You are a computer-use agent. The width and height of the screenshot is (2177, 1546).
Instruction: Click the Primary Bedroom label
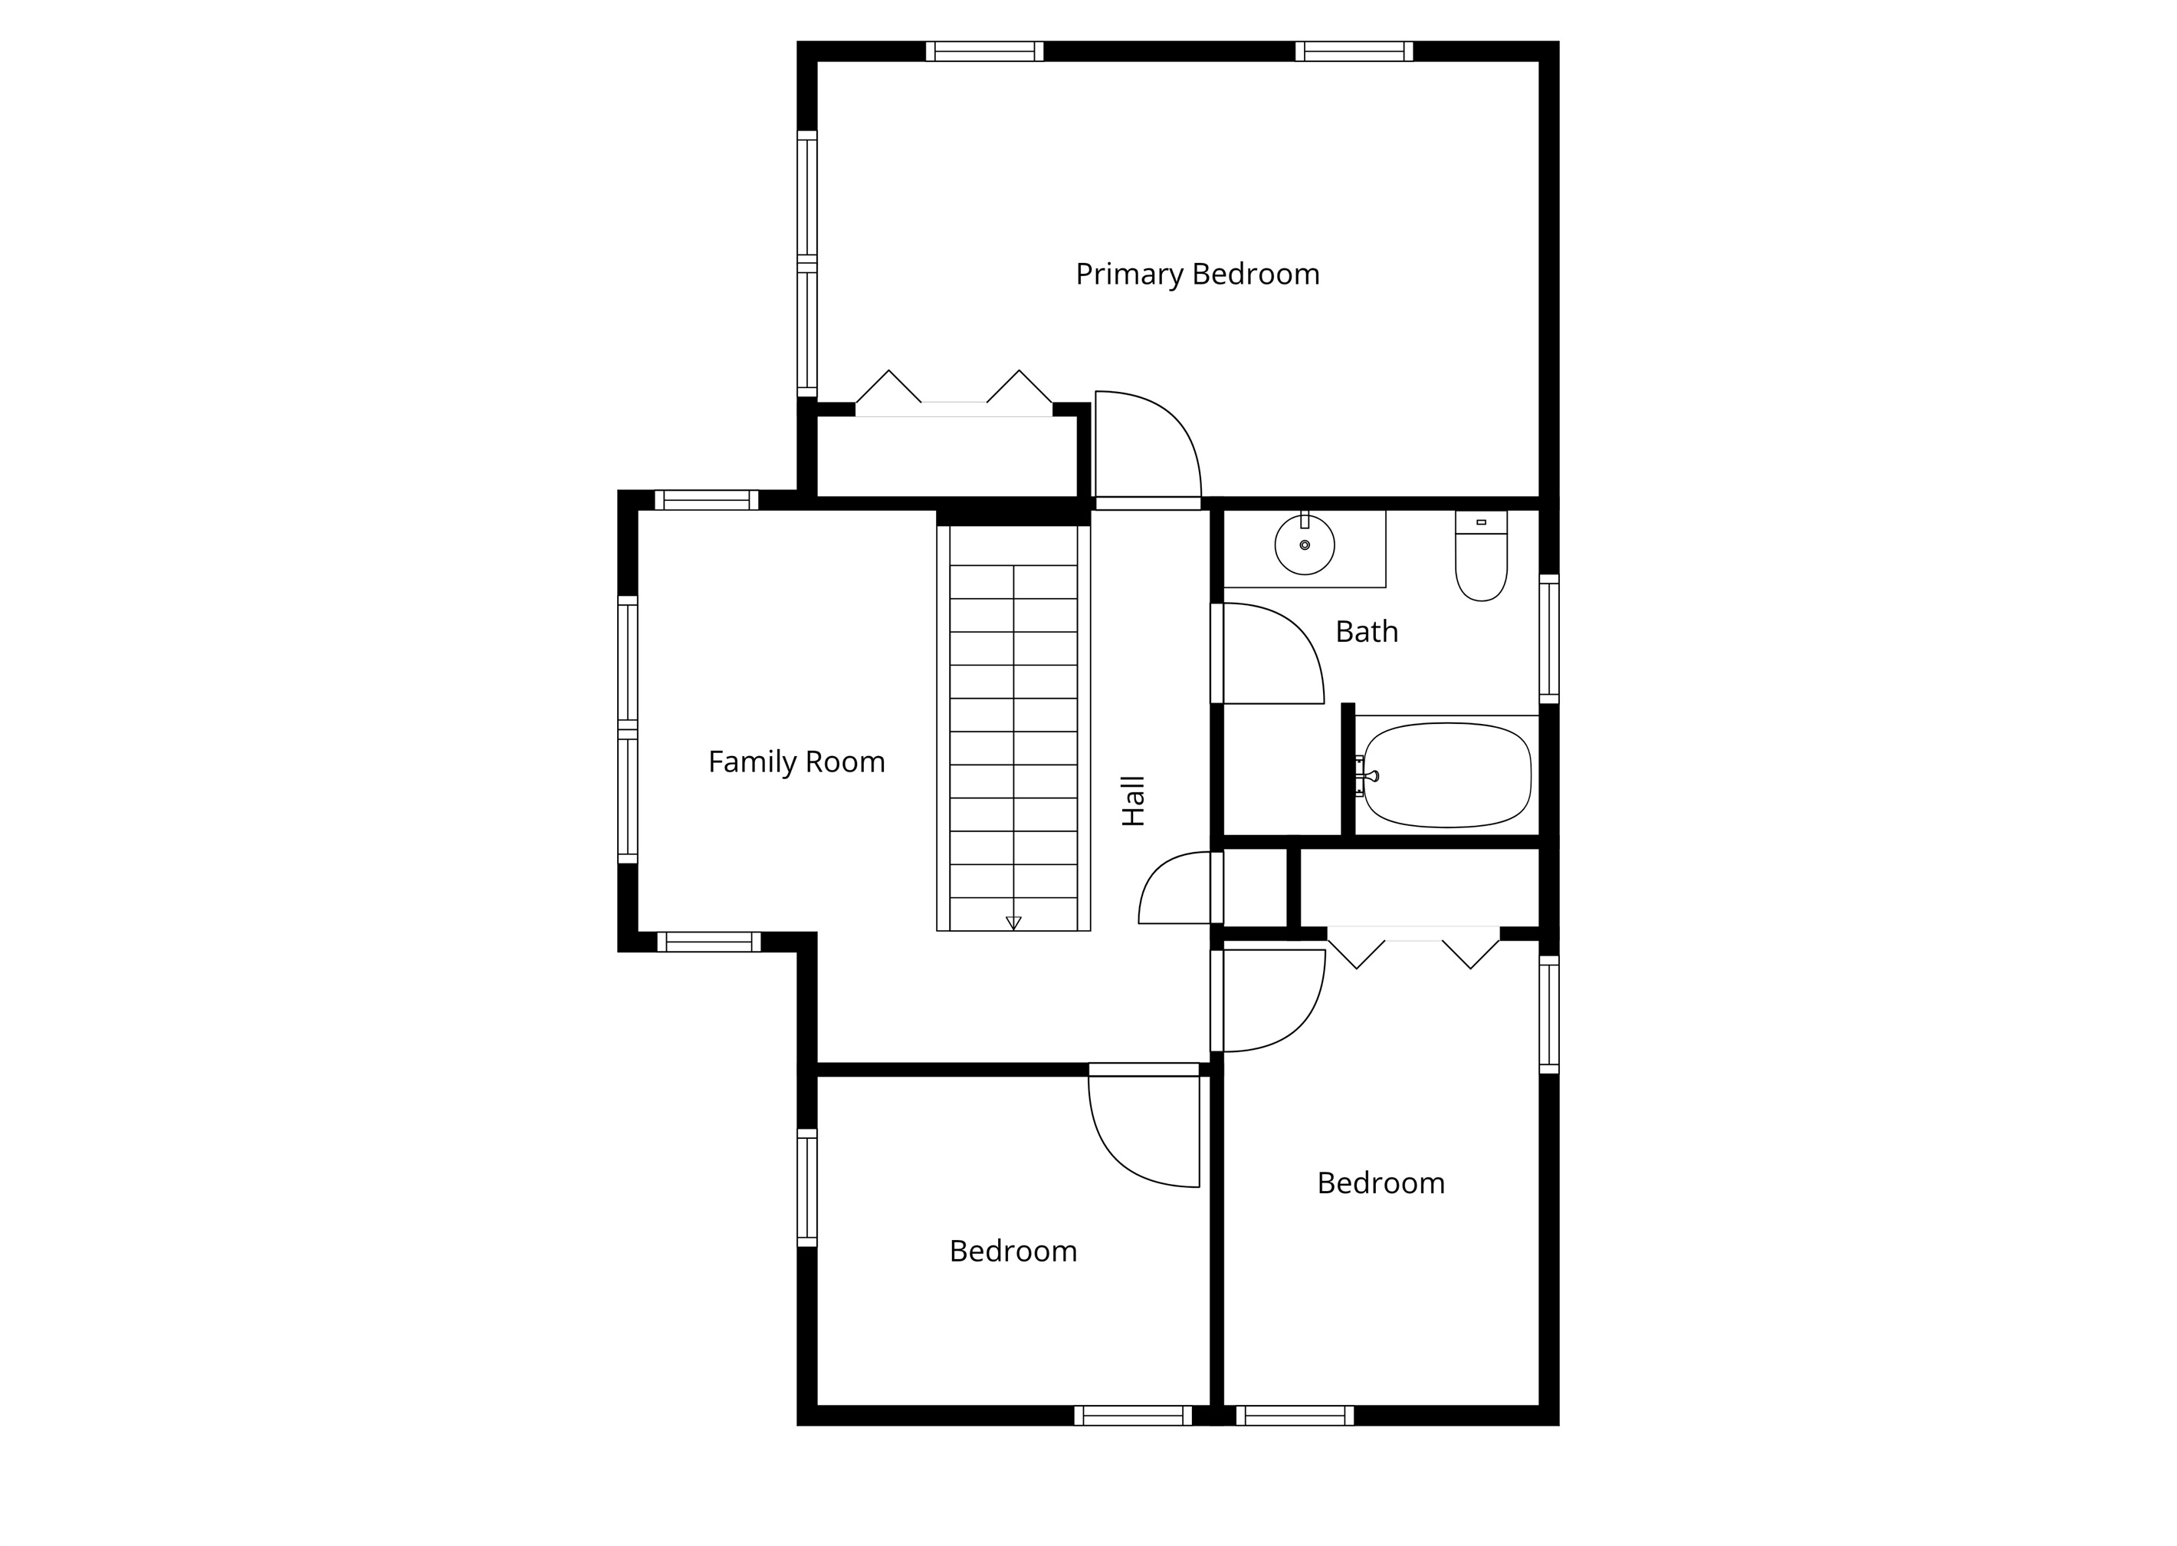[1197, 275]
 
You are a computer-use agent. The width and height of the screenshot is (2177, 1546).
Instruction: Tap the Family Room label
[796, 761]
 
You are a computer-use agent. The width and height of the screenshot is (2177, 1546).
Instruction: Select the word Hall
[1133, 801]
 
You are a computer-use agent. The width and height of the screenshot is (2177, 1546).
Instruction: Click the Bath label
[1366, 631]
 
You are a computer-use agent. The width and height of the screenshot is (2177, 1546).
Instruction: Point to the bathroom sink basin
[1305, 544]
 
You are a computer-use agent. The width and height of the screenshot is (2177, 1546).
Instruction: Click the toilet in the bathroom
[1482, 561]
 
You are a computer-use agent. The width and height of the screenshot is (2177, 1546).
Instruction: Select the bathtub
[1446, 775]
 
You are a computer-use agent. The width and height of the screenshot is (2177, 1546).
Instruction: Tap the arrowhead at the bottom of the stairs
[1013, 923]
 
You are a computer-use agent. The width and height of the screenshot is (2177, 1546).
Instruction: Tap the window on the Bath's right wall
[1549, 639]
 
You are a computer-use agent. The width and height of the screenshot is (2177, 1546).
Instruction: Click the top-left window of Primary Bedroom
[985, 51]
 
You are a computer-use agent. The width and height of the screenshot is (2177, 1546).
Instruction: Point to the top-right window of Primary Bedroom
[1353, 51]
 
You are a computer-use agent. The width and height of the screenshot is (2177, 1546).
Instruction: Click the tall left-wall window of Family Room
[627, 729]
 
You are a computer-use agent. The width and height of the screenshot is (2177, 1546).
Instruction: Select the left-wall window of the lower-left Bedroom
[807, 1187]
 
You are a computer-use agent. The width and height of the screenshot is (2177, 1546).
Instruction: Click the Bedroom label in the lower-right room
[1381, 1183]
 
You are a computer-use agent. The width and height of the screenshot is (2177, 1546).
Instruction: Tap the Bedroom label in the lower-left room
[1013, 1251]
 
